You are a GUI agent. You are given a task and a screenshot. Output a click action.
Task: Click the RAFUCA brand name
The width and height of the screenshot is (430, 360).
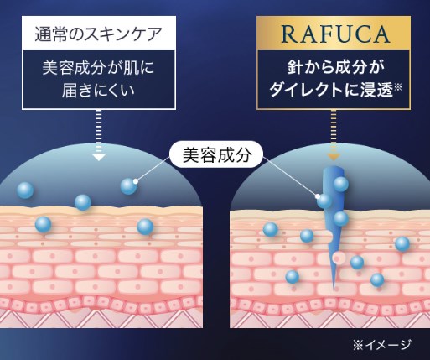tap(335, 34)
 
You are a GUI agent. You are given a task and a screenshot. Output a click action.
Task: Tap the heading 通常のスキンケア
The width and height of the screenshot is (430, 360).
tap(98, 34)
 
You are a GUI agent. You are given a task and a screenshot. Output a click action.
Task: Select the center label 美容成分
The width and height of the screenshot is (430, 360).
tap(217, 154)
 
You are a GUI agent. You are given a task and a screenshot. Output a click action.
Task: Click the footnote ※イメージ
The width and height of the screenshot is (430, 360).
tap(381, 345)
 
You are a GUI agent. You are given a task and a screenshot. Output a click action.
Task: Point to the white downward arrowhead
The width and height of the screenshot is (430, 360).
tap(99, 157)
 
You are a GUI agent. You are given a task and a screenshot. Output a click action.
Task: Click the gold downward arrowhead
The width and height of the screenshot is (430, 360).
tap(334, 157)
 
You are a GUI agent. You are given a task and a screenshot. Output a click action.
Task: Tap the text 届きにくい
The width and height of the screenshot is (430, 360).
tap(98, 91)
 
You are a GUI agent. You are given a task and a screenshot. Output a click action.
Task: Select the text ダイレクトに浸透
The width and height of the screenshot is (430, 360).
tap(331, 91)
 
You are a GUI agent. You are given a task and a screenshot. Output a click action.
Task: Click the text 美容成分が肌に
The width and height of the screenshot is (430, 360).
tap(98, 68)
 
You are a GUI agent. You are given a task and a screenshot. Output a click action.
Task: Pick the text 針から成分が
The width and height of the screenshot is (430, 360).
tap(333, 68)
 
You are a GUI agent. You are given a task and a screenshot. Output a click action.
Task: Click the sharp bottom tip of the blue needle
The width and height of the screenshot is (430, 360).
tap(334, 288)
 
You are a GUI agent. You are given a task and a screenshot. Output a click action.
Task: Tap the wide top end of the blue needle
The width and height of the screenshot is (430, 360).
tap(333, 168)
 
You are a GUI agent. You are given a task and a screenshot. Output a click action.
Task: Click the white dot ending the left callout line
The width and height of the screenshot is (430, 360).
tap(136, 181)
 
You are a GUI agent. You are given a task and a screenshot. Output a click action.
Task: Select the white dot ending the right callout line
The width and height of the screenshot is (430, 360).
tap(318, 196)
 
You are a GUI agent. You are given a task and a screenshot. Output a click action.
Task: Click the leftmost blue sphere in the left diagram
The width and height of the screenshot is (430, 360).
tap(25, 190)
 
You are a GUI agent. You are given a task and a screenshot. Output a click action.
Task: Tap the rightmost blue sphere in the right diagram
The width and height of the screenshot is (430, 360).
tap(402, 243)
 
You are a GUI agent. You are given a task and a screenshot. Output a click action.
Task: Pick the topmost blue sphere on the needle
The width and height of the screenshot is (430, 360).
tap(341, 185)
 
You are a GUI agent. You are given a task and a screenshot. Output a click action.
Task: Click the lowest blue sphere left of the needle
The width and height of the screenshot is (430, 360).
tap(293, 277)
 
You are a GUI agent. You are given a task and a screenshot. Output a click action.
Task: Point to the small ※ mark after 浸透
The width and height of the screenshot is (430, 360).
tap(397, 87)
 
